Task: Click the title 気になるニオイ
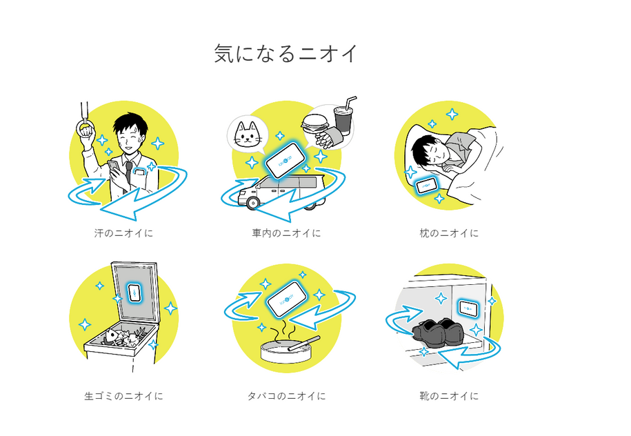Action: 286,54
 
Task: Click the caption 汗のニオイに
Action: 123,233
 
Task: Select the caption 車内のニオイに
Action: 286,233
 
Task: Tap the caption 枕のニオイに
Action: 449,233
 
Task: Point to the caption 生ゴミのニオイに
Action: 123,396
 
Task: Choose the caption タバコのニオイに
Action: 286,396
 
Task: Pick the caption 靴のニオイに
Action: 449,396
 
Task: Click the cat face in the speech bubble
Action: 250,134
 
